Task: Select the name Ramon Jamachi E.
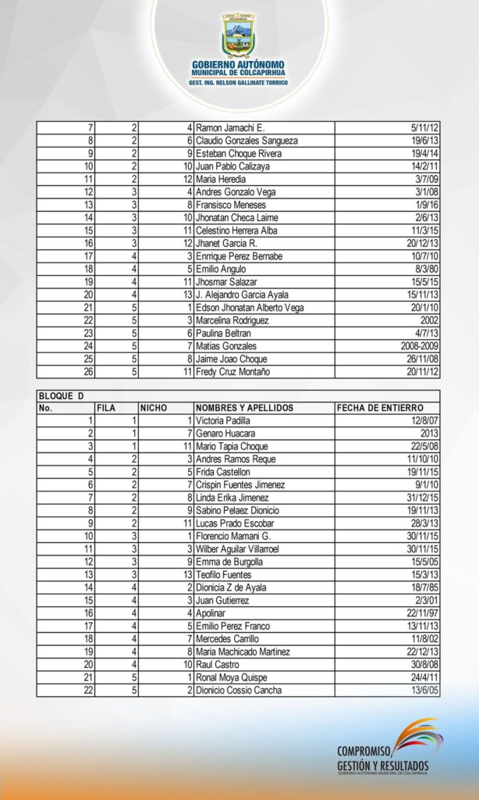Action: pyautogui.click(x=230, y=127)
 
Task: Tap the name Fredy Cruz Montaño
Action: pyautogui.click(x=232, y=372)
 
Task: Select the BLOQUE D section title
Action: pyautogui.click(x=62, y=395)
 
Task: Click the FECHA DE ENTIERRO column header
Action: pyautogui.click(x=380, y=408)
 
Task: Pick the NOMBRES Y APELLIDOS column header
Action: pyautogui.click(x=244, y=408)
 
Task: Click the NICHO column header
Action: pyautogui.click(x=154, y=408)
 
